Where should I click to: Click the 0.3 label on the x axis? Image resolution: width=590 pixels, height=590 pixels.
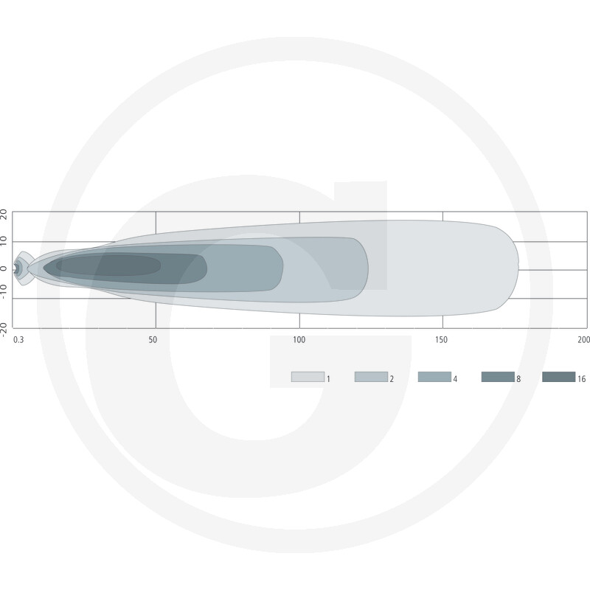[18, 340]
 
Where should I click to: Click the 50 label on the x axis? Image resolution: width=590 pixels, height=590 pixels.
[153, 340]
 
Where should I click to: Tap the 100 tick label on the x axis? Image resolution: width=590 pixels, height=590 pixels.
[299, 340]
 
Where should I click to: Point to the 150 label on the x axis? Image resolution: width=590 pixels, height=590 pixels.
[441, 340]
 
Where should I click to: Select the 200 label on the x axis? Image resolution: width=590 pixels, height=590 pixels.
[583, 340]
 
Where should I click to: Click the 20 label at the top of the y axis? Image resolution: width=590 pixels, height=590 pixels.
[4, 215]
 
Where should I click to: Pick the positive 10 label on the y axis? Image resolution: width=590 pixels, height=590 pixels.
[4, 242]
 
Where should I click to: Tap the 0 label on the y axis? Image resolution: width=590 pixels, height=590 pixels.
[4, 269]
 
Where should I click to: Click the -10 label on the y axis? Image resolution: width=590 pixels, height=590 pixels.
[4, 292]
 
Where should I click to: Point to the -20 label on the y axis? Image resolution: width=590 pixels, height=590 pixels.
[4, 330]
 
